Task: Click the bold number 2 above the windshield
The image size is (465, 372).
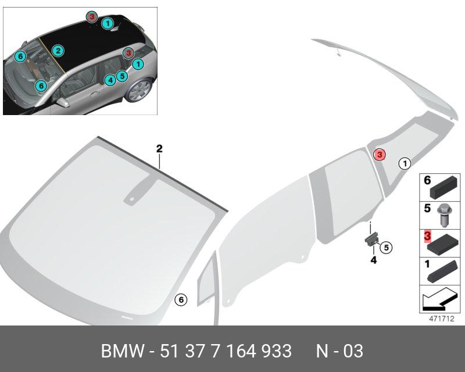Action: [159, 149]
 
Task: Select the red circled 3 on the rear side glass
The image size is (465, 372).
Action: [379, 155]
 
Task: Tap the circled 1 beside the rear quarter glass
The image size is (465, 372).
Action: [404, 163]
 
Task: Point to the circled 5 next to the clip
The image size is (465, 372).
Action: [387, 247]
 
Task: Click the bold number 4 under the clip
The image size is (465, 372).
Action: [374, 260]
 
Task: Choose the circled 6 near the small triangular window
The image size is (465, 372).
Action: [181, 300]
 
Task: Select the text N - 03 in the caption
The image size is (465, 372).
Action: [339, 351]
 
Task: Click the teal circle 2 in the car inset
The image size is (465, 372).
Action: [58, 52]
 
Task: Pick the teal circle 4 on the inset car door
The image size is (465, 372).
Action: [110, 81]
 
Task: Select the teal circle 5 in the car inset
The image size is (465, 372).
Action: [121, 76]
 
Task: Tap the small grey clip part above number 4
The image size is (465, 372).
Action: [371, 238]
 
